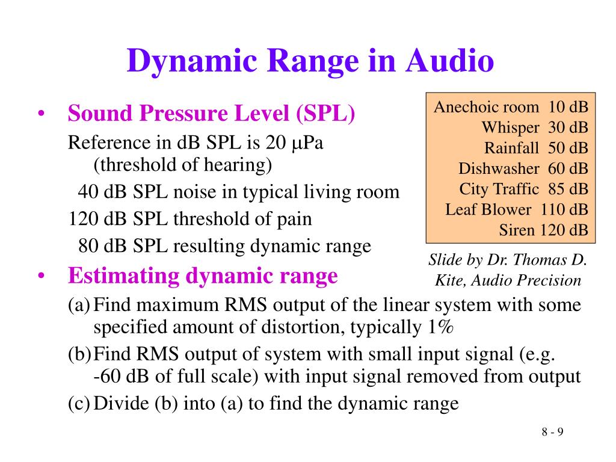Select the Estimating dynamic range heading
pos(203,276)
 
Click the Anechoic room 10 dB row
pos(511,108)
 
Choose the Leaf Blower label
pos(488,210)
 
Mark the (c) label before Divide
pos(79,404)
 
